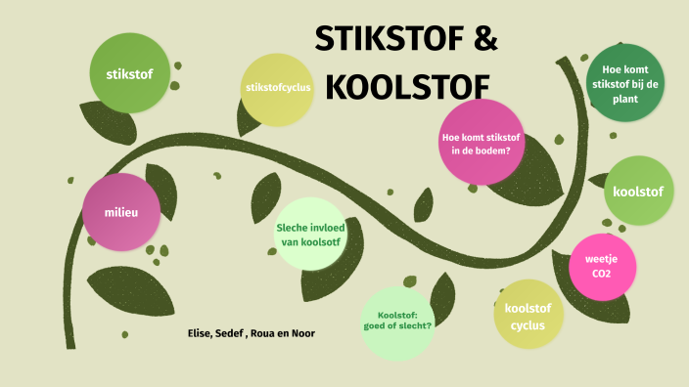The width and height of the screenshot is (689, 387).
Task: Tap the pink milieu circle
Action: [123, 212]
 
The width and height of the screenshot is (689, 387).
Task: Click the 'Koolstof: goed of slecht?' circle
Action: [397, 321]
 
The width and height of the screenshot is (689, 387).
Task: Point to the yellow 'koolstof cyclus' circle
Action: [528, 317]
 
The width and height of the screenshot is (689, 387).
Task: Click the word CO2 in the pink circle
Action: [600, 275]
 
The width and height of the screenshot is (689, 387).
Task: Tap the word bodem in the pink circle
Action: [498, 150]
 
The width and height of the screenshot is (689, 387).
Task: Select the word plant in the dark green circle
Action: [626, 98]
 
